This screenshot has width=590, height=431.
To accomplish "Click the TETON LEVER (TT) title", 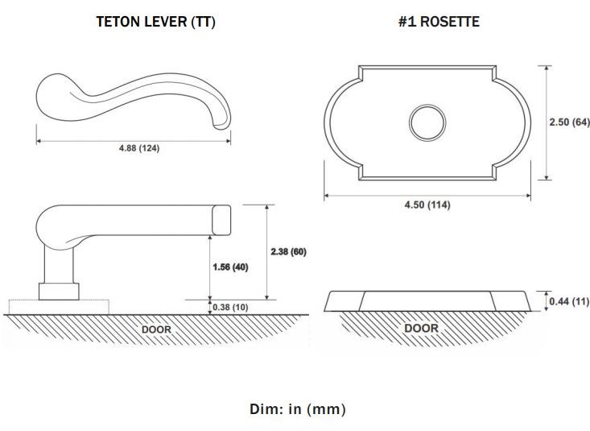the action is pos(156,22).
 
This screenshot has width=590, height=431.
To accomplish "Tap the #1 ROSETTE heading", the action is pos(439,22).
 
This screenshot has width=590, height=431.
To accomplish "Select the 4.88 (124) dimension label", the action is pos(139,148).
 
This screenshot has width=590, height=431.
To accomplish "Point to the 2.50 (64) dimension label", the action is pos(569,122).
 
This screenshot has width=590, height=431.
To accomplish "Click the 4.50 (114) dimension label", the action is pos(427,205).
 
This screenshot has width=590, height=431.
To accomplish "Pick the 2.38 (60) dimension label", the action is pos(289,251).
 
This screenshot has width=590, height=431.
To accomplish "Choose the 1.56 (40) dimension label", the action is pos(230,267).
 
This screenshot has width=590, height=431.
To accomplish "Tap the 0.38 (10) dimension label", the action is pos(230,308).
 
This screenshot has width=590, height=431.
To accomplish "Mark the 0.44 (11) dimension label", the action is pos(569,301).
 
